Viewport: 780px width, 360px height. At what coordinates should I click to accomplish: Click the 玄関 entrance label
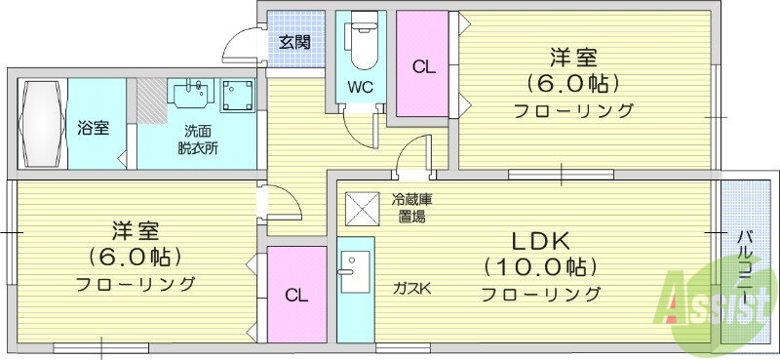click(294, 42)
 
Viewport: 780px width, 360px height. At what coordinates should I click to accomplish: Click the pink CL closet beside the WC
click(421, 68)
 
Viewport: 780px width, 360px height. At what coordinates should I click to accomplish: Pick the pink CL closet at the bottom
click(296, 295)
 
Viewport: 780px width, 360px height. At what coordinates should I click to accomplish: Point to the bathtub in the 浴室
click(39, 124)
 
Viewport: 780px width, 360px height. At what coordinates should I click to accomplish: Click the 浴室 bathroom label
click(94, 129)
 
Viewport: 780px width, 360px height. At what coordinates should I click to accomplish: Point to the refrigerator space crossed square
click(362, 208)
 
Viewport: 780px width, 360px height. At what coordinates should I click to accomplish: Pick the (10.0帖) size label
click(540, 266)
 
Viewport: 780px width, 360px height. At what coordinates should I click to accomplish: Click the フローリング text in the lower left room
click(136, 285)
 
